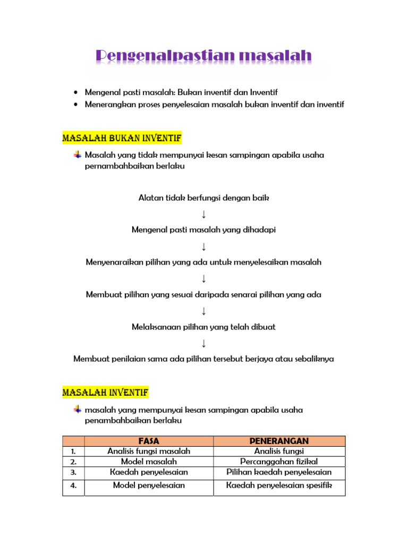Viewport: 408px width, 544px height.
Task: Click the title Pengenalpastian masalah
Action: pos(203,56)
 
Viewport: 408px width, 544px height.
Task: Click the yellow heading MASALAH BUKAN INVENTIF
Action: pos(122,139)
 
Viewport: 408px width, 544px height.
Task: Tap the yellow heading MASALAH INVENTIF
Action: pos(106,393)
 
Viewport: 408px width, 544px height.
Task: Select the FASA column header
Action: pos(149,441)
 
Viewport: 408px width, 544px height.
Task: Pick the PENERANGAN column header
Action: pos(279,441)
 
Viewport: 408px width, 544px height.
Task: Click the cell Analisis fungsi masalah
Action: pos(149,451)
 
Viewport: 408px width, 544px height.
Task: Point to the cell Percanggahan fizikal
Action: pos(279,462)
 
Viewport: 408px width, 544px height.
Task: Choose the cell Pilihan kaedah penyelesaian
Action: pos(279,472)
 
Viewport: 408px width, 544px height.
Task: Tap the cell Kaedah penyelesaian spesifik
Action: pos(279,486)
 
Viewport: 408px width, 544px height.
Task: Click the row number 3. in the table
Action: pos(73,472)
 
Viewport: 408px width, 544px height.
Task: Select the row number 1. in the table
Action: pos(73,451)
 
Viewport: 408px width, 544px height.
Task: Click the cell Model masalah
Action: pos(149,462)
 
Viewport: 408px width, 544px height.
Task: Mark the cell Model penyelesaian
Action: pos(149,486)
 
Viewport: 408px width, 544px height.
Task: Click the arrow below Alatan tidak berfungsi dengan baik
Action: pos(203,214)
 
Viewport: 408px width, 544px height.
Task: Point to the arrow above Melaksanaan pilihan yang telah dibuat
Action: pos(203,311)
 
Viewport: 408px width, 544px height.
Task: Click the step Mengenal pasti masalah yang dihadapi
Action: pos(203,230)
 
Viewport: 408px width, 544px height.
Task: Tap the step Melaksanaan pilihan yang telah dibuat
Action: pos(203,327)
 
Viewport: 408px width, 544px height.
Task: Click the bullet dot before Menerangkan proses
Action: pos(78,105)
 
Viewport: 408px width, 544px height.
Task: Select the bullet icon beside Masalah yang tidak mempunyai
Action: pos(78,155)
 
